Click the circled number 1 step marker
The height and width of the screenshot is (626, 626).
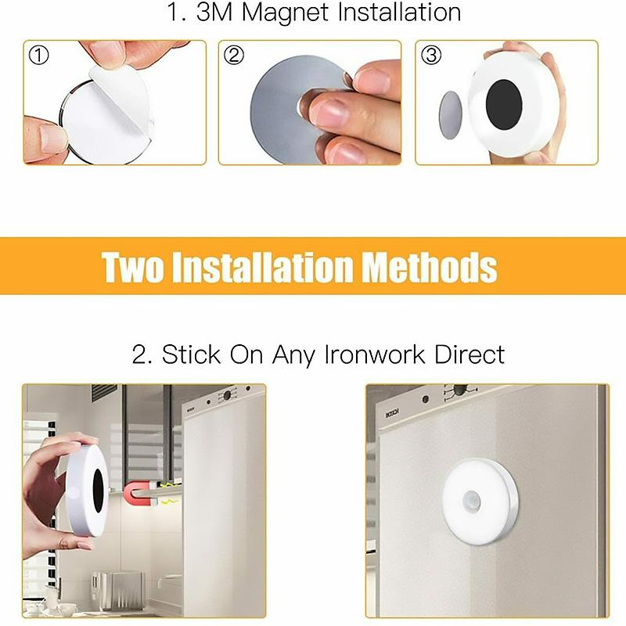tap(38, 56)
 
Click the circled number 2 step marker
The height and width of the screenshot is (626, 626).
tap(233, 56)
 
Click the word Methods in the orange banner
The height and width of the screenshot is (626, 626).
tap(429, 267)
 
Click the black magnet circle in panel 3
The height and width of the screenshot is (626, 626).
tap(509, 104)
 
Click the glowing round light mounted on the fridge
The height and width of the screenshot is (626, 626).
tap(480, 501)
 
